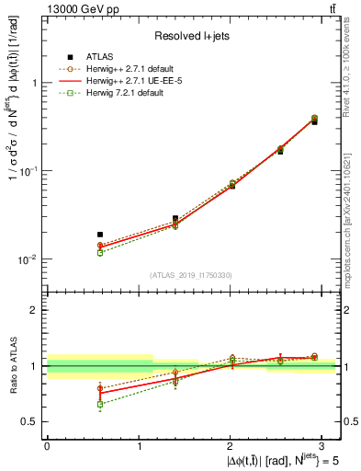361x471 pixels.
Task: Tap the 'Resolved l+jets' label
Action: (x=193, y=36)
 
